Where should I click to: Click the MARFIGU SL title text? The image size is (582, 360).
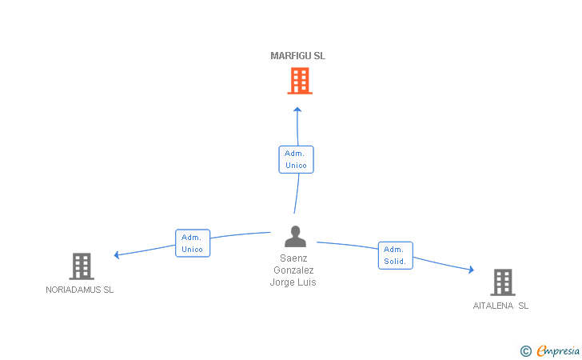click(x=297, y=56)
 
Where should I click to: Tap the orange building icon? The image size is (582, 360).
click(x=300, y=81)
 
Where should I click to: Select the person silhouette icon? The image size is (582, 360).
click(x=295, y=236)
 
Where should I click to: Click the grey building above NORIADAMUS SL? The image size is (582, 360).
click(x=82, y=266)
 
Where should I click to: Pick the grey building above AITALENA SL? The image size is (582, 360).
click(x=503, y=282)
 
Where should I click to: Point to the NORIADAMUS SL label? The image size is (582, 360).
click(x=79, y=290)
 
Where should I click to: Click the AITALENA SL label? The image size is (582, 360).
click(x=500, y=306)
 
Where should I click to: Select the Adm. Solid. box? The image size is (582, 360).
click(x=395, y=256)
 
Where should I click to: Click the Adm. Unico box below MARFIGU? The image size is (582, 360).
click(x=296, y=159)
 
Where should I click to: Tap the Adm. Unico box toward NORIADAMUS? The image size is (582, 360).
click(x=193, y=243)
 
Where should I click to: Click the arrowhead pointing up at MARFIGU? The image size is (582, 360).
click(x=297, y=110)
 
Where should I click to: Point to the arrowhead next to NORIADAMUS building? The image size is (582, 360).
click(x=117, y=255)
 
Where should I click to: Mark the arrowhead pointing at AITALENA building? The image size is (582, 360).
click(x=472, y=270)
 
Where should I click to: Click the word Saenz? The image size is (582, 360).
click(x=293, y=258)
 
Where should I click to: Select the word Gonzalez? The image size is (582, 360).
click(x=293, y=270)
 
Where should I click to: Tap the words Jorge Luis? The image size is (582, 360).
click(x=293, y=282)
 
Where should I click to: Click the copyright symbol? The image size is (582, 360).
click(x=525, y=351)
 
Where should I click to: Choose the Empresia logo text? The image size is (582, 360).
click(x=558, y=350)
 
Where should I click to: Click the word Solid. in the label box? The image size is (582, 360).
click(x=395, y=262)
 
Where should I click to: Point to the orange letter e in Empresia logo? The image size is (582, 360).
click(x=542, y=350)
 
